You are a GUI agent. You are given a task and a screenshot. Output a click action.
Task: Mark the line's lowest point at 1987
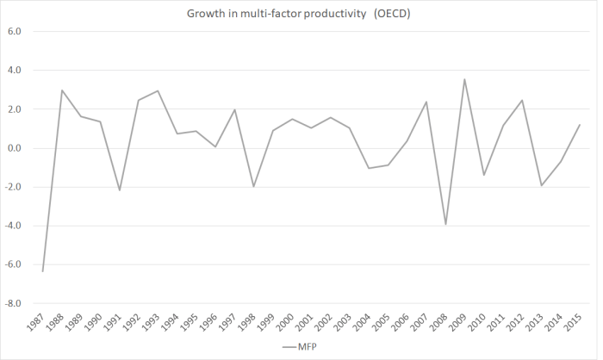[x=42, y=271]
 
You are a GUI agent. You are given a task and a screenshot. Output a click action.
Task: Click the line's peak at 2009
[x=465, y=79]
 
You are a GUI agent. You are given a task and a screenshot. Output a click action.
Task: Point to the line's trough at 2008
[x=445, y=224]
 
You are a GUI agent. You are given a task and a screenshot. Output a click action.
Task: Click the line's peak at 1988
[x=62, y=90]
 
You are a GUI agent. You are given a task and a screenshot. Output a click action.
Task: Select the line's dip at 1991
[x=120, y=190]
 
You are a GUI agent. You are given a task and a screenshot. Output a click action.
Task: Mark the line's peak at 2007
[x=426, y=102]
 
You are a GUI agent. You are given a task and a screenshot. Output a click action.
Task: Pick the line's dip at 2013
[x=543, y=185]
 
